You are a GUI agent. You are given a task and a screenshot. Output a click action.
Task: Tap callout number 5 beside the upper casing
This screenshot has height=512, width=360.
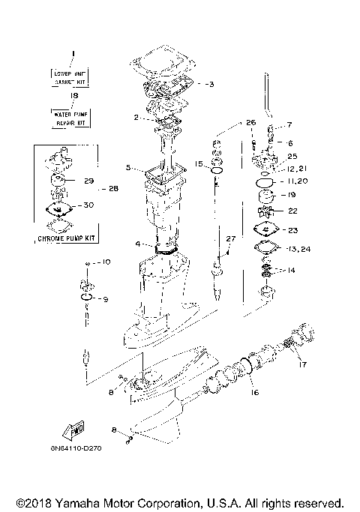tap(128, 167)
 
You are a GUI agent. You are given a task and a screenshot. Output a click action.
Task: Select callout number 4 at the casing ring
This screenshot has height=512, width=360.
tap(137, 244)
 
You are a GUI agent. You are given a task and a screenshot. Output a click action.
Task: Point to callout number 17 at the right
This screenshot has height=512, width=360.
tap(303, 366)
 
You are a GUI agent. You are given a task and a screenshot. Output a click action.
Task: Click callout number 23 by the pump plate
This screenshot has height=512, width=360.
tap(292, 230)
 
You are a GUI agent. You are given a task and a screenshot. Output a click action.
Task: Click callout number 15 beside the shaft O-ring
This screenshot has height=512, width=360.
tap(199, 163)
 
